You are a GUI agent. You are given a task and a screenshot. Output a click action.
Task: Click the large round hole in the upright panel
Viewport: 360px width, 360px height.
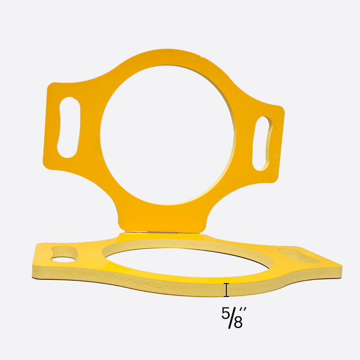tap(167, 135)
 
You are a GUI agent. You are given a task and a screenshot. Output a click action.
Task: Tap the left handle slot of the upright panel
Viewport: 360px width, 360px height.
tap(68, 128)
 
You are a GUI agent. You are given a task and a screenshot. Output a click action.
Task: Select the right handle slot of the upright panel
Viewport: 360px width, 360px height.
tap(262, 143)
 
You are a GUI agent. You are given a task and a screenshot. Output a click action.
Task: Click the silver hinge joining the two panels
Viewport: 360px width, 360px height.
tap(162, 232)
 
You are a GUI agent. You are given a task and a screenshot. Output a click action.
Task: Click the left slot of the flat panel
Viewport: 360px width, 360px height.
tap(64, 255)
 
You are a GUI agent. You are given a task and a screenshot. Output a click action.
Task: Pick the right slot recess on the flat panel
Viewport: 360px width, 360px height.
tap(298, 256)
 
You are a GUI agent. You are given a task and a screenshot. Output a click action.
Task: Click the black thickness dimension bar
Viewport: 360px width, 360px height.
tap(226, 290)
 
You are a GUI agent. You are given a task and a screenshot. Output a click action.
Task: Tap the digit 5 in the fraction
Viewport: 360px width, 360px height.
tap(225, 313)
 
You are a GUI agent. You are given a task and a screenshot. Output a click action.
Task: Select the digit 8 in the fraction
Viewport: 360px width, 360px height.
tap(238, 322)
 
